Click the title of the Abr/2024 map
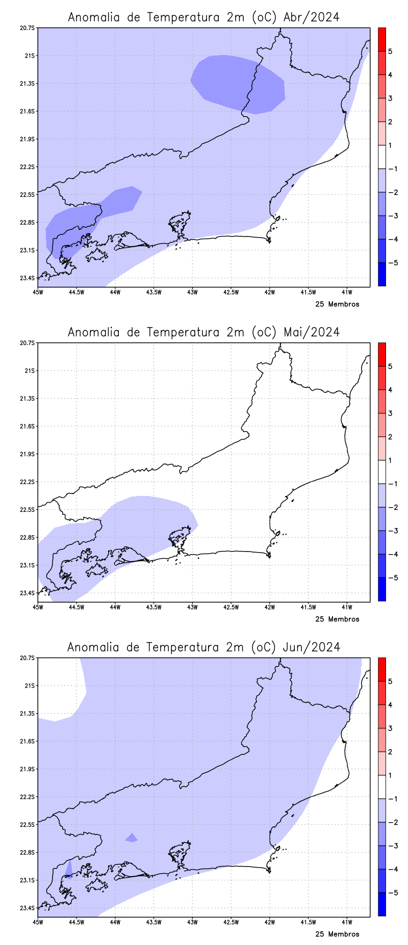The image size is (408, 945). coord(203,17)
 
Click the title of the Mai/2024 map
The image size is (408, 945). coord(203,332)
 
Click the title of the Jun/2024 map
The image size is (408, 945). coord(203,647)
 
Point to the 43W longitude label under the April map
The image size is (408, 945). coord(192,292)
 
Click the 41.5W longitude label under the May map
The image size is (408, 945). coord(308,607)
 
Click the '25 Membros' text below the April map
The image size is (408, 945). coord(337,304)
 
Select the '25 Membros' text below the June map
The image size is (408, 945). coord(337,934)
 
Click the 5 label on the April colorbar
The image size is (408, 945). coord(390,51)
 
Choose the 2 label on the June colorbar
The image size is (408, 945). coord(390,752)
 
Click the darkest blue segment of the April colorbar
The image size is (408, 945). coord(381,274)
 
